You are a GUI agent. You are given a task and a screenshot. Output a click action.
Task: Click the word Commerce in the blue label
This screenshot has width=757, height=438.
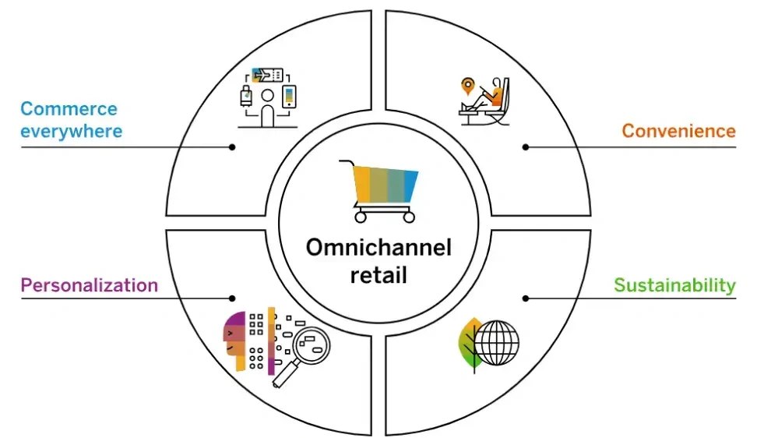click(69, 108)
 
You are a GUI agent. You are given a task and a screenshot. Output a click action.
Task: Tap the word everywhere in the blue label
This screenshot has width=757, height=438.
click(72, 131)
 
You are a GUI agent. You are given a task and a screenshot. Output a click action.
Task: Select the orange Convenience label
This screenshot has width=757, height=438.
click(679, 131)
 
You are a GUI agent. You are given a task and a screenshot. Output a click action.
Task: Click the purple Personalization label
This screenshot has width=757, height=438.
click(90, 285)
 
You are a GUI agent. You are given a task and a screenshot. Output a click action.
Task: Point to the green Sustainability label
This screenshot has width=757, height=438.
click(675, 285)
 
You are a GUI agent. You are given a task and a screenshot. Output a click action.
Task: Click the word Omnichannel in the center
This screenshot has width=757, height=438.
click(379, 247)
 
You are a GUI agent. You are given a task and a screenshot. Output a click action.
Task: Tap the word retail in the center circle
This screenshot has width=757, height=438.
click(379, 275)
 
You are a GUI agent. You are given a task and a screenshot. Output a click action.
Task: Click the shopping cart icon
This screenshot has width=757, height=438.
click(379, 191)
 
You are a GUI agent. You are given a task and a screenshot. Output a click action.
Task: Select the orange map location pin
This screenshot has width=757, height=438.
click(468, 87)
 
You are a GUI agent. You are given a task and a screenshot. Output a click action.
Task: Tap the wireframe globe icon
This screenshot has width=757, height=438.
click(496, 343)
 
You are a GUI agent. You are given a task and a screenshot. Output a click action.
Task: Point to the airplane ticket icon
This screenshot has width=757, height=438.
click(267, 76)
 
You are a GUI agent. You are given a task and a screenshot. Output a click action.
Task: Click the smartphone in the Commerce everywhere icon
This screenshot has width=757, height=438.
click(289, 97)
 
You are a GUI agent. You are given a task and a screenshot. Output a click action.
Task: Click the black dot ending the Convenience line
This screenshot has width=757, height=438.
click(526, 147)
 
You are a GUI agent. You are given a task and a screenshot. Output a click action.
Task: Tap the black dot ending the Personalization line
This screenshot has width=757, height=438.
click(232, 298)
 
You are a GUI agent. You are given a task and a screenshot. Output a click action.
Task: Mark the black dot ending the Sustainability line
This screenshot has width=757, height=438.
click(526, 298)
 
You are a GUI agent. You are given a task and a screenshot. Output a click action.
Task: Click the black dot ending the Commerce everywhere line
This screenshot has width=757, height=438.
click(232, 147)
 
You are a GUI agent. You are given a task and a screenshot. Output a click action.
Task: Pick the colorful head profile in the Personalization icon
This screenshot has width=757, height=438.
click(234, 341)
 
